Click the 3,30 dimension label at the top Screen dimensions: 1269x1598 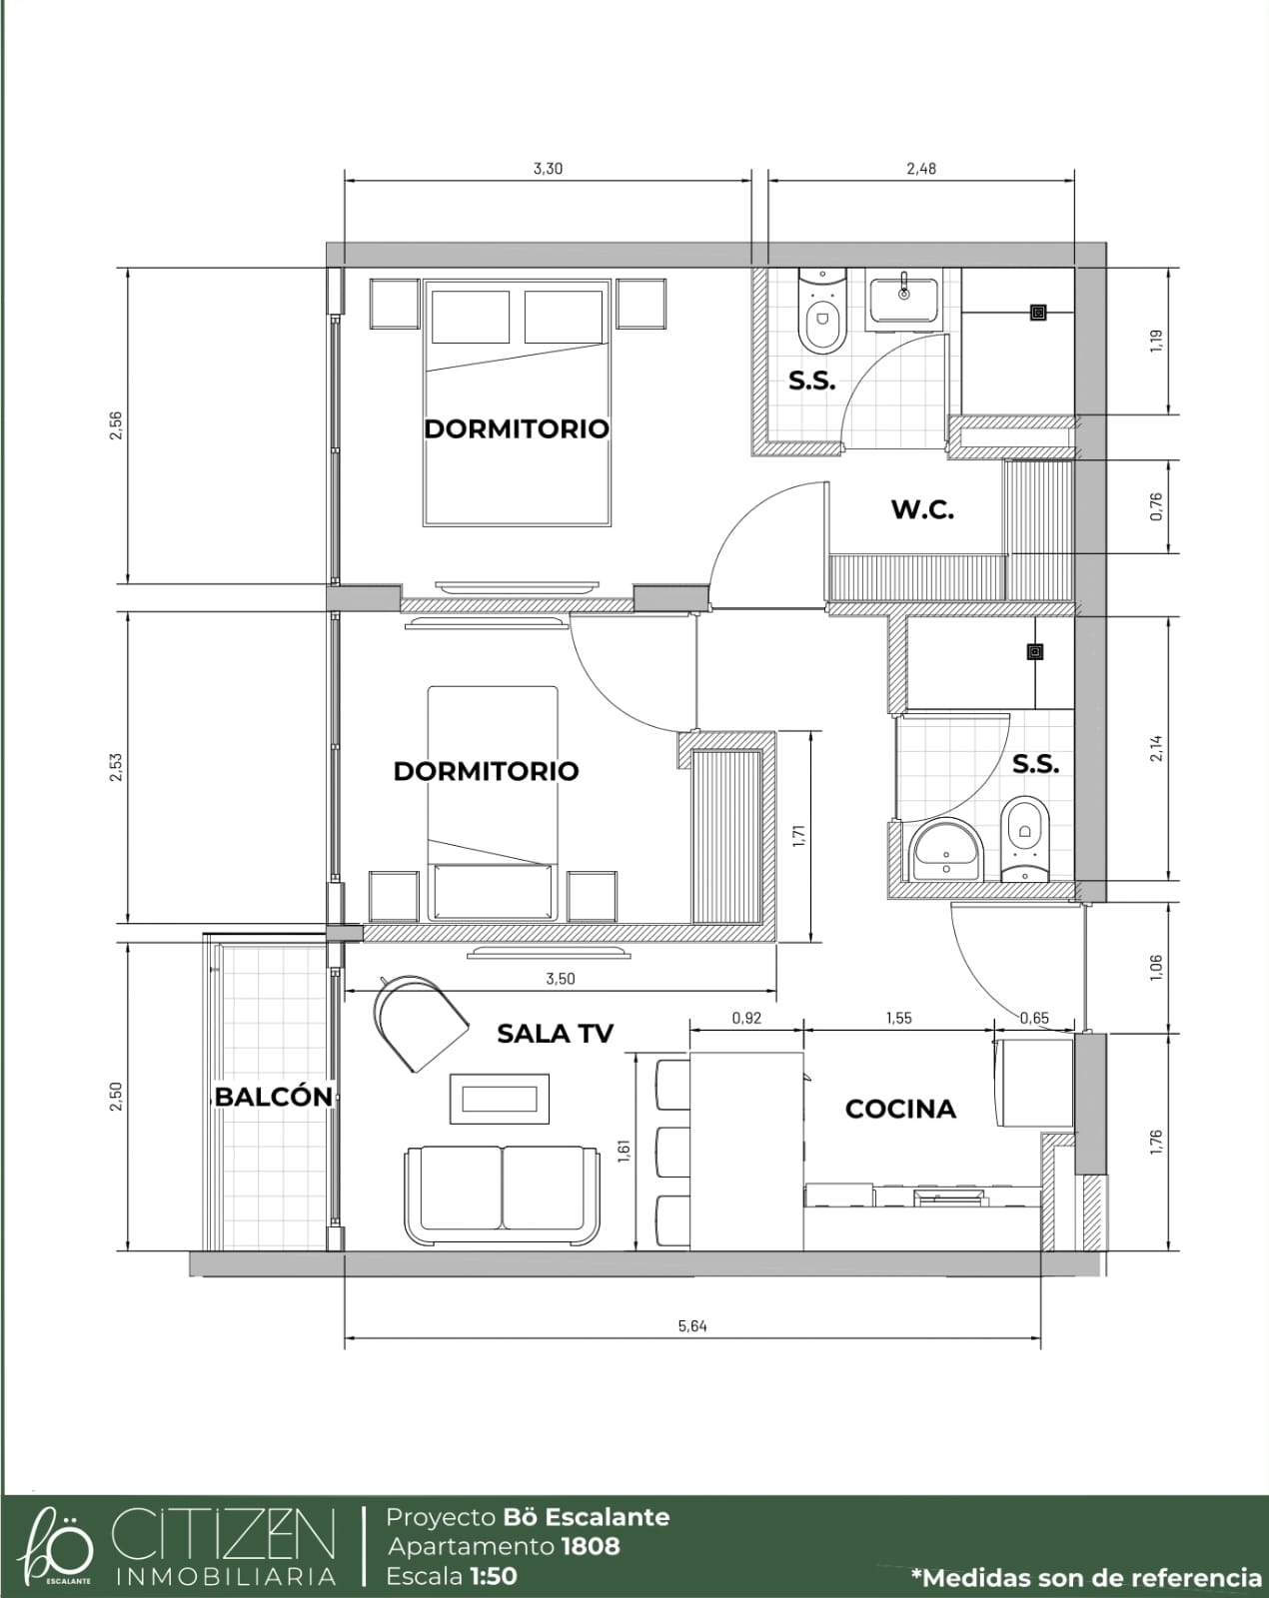click(548, 169)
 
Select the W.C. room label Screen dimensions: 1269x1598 click(923, 509)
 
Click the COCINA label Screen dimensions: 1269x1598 click(900, 1109)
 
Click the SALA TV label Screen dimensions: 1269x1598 click(555, 1033)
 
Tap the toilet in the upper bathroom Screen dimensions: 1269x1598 click(821, 311)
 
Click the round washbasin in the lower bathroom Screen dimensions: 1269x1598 click(946, 850)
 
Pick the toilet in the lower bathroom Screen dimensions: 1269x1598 click(1024, 839)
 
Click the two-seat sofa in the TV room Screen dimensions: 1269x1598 click(503, 1196)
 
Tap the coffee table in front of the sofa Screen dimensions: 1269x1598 click(500, 1099)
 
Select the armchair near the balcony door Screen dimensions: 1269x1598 click(420, 1022)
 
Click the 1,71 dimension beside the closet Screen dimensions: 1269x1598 click(798, 836)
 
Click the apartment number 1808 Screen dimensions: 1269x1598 click(591, 1547)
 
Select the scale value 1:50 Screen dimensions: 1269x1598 click(494, 1576)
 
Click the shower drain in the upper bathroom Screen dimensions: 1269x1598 click(1038, 312)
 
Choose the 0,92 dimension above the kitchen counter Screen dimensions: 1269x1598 click(746, 1018)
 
